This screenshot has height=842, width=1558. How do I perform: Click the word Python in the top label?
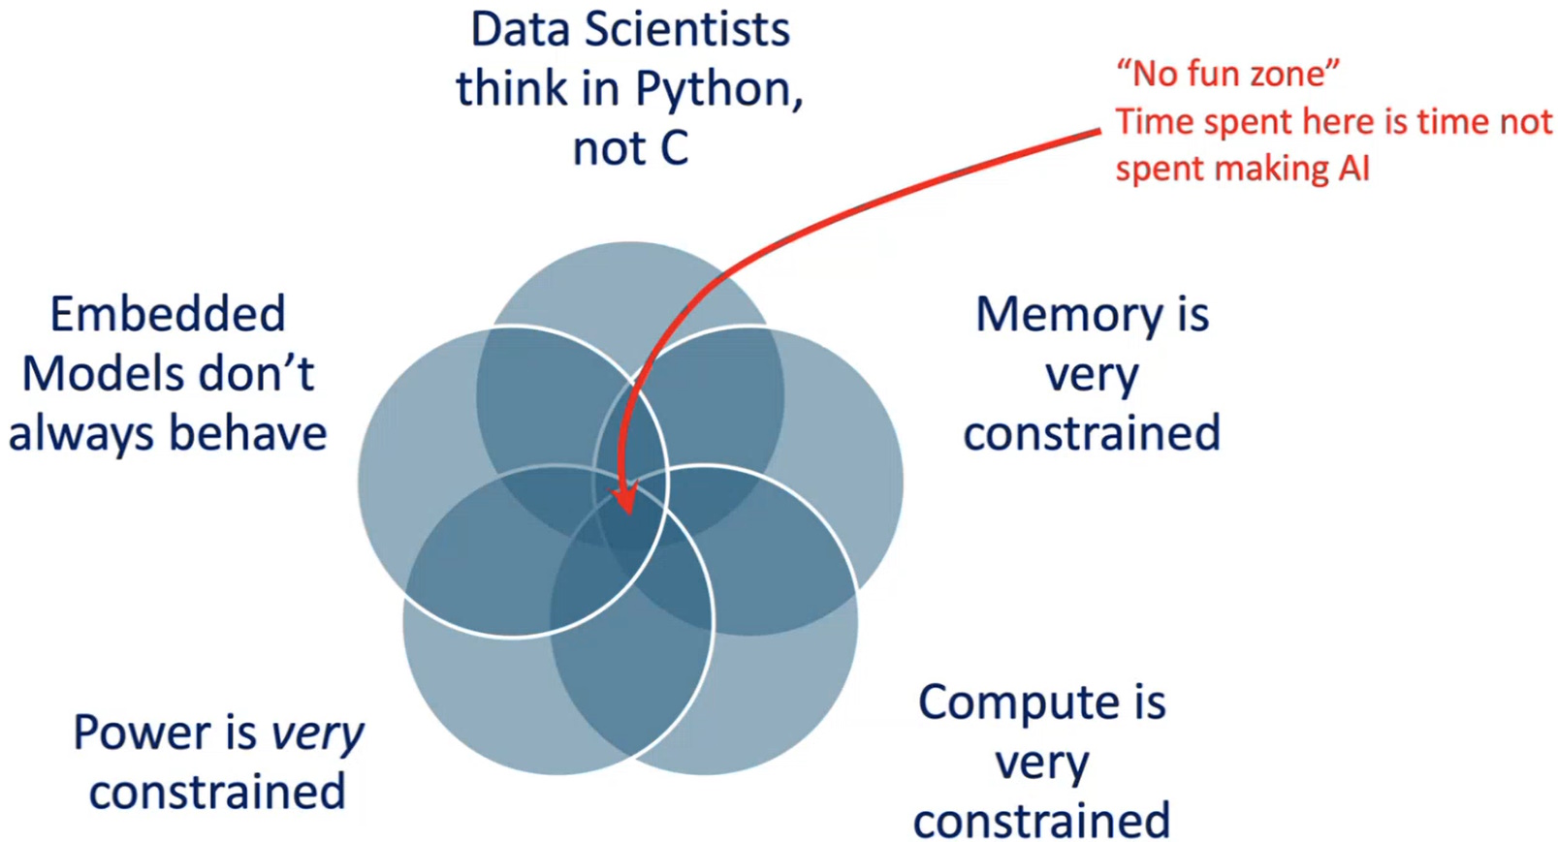tap(716, 90)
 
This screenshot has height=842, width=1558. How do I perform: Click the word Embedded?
tap(168, 314)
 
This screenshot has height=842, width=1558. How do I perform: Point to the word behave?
tap(248, 433)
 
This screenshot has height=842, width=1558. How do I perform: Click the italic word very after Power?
tap(317, 734)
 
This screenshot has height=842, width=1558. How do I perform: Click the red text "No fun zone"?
tap(1228, 74)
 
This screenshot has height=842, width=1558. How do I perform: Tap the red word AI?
tap(1354, 169)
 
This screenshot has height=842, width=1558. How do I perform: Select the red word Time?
tap(1155, 122)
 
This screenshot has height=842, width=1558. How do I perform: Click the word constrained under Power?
tap(217, 793)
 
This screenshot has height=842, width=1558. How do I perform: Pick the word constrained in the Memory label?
tap(1092, 433)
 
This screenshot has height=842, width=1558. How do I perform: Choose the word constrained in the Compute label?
tap(1041, 822)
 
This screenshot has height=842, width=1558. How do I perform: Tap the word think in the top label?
tap(513, 89)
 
